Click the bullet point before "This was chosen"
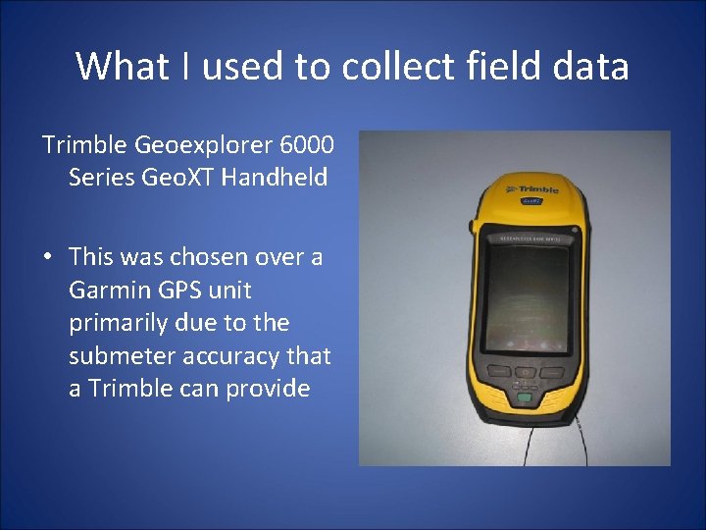tap(47, 258)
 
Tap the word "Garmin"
tap(106, 291)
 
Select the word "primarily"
tap(119, 323)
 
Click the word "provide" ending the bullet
tap(268, 389)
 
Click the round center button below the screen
tap(527, 373)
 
